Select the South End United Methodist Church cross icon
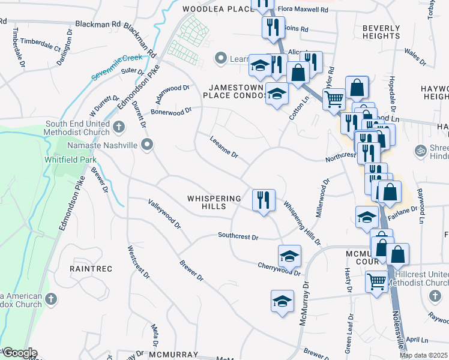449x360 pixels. (x=119, y=127)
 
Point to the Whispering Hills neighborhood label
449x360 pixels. (x=214, y=202)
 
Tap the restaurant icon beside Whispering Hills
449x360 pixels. (x=263, y=199)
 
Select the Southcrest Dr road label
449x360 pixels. (x=238, y=237)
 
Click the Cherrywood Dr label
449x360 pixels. (x=279, y=268)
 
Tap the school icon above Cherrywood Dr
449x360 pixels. (x=289, y=255)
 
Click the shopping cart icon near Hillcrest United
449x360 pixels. (x=376, y=280)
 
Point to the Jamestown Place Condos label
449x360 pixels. (x=234, y=91)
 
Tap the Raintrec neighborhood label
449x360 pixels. (x=91, y=269)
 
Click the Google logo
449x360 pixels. (x=19, y=353)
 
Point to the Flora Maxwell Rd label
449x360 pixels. (x=303, y=10)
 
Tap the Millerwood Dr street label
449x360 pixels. (x=322, y=198)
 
